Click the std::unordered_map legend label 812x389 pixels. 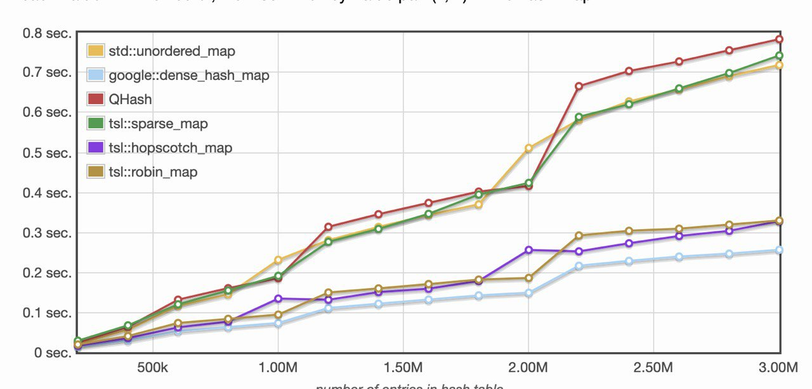(172, 51)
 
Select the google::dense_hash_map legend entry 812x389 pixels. (189, 76)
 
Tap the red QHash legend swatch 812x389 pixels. (96, 100)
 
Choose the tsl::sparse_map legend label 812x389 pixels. (158, 124)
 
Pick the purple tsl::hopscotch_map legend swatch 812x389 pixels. (96, 148)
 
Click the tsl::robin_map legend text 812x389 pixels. (153, 172)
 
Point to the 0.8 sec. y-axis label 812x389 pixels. (45, 32)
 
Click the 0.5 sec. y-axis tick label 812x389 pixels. (45, 152)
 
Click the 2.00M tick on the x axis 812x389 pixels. (528, 368)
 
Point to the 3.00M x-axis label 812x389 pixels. (779, 368)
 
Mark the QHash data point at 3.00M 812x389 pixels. (779, 39)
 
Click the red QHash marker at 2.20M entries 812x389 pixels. (579, 86)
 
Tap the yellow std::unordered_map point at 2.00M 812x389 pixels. (528, 148)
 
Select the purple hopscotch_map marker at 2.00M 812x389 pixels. (528, 250)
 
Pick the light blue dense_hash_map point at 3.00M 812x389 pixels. (779, 251)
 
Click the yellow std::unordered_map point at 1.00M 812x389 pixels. (278, 260)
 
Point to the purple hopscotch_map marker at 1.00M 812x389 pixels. (278, 298)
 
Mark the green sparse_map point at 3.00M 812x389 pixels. (779, 56)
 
